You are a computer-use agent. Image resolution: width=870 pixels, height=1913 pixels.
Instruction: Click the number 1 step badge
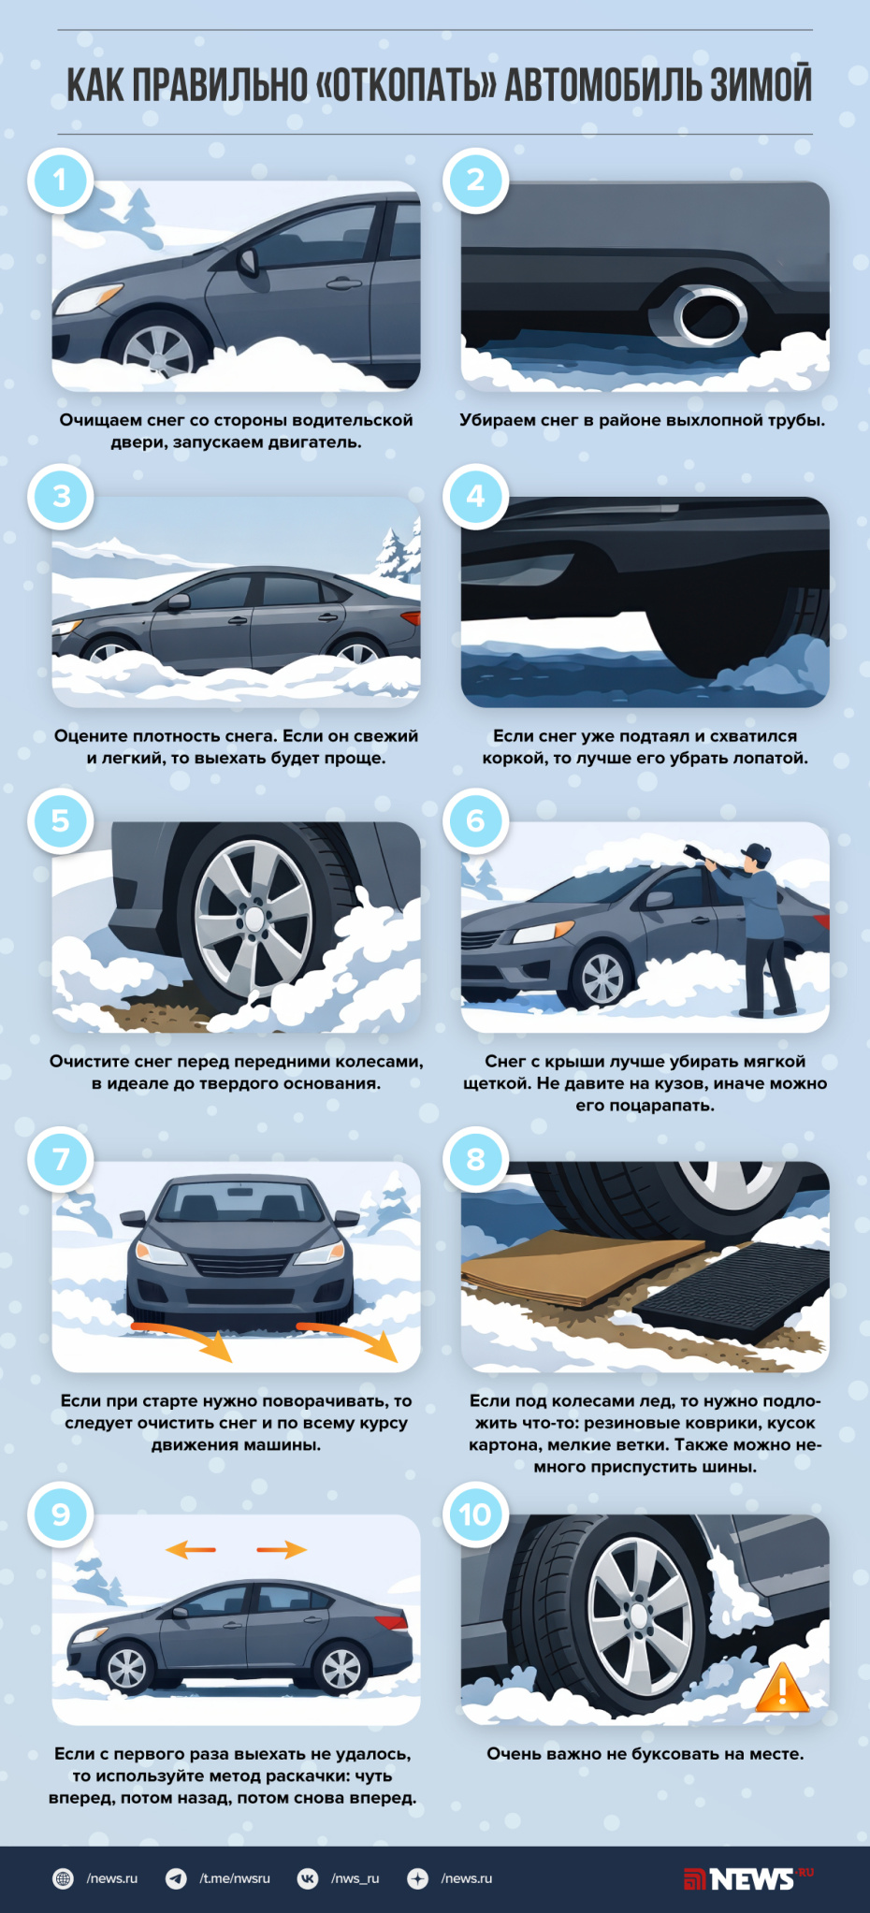click(x=61, y=180)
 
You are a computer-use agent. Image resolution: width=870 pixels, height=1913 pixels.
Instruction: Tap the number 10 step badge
click(x=475, y=1514)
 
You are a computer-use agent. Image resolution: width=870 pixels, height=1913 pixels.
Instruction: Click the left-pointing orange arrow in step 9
click(x=191, y=1550)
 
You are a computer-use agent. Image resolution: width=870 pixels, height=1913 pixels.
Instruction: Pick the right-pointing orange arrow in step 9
click(x=282, y=1550)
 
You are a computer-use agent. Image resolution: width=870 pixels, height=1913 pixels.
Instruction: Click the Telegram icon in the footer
click(x=176, y=1878)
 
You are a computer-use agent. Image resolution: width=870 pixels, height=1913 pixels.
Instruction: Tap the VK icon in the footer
click(x=308, y=1878)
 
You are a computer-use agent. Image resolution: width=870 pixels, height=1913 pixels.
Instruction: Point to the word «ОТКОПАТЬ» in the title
click(x=407, y=84)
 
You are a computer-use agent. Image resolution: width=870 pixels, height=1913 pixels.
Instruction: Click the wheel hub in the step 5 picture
click(x=254, y=918)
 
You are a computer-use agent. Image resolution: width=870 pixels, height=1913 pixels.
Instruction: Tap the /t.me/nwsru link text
click(x=235, y=1878)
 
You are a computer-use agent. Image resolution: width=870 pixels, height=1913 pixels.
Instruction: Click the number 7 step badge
click(x=61, y=1159)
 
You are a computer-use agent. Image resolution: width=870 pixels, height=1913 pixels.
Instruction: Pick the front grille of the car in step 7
click(x=239, y=1265)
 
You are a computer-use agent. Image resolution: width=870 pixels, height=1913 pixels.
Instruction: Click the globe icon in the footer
click(x=63, y=1878)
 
